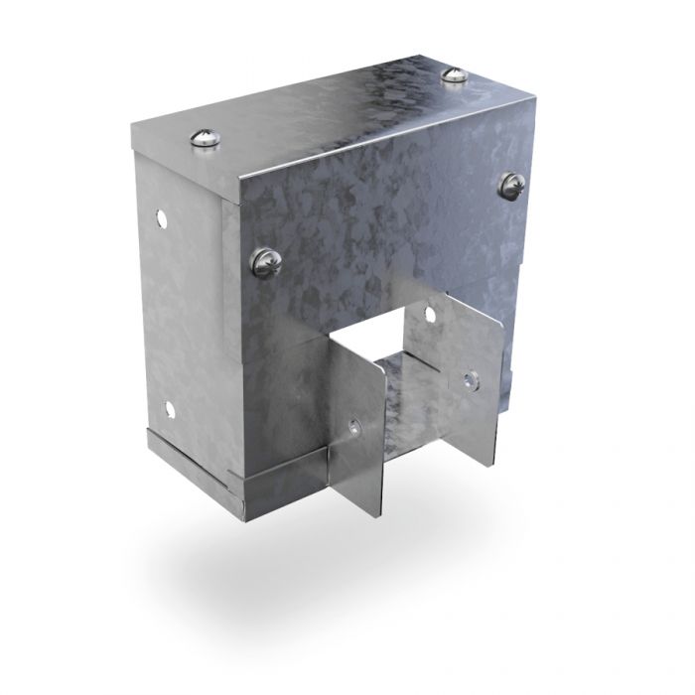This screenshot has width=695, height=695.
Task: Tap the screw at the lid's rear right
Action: (x=453, y=75)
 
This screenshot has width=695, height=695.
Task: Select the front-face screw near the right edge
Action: (x=512, y=184)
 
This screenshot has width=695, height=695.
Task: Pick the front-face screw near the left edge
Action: (x=267, y=262)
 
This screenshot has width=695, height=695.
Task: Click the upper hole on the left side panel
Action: (x=158, y=214)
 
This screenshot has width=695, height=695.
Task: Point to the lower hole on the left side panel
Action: (x=171, y=408)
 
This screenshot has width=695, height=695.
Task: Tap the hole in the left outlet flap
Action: (x=354, y=428)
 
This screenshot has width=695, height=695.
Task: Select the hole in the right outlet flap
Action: (x=469, y=379)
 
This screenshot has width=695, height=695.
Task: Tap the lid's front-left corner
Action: (x=236, y=199)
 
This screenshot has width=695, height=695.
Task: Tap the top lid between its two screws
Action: (x=328, y=109)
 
